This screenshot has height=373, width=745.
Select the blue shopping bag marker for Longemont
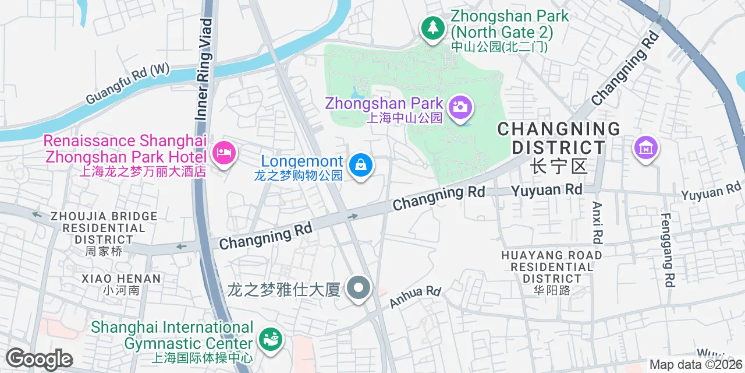(361, 166)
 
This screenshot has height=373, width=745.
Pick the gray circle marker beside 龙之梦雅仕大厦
(359, 288)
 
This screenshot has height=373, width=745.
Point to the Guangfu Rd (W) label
(127, 85)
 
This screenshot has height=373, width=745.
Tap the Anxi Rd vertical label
(597, 223)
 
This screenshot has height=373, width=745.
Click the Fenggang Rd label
(668, 250)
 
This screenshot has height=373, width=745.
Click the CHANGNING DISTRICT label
(559, 138)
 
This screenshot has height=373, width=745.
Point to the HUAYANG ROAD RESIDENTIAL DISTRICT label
(551, 267)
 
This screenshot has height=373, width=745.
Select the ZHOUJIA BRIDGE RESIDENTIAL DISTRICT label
(104, 228)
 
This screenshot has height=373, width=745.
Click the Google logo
(39, 359)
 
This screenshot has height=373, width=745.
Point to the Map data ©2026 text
(696, 365)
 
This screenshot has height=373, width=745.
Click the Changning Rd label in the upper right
(626, 68)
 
